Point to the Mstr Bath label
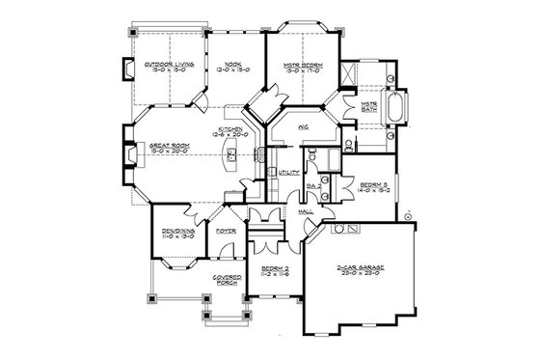(x=367, y=103)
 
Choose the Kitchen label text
(x=229, y=129)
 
